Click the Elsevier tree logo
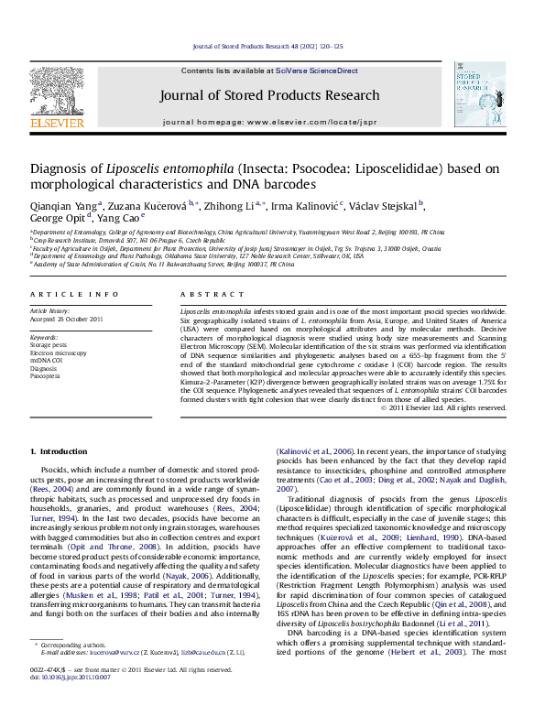(x=58, y=89)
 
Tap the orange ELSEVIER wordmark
(x=58, y=122)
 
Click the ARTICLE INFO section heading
(x=74, y=294)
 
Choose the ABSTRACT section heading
(x=201, y=294)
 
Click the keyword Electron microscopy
(x=59, y=353)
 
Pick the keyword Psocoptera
(x=47, y=375)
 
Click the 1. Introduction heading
(x=59, y=452)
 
